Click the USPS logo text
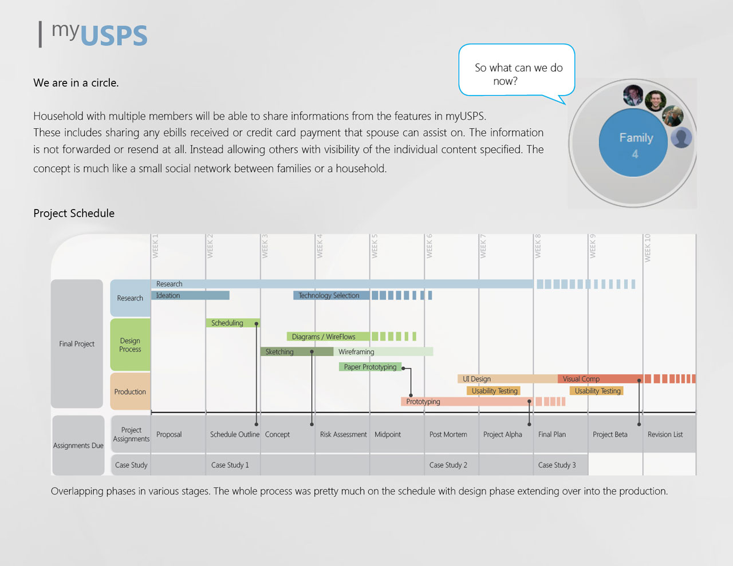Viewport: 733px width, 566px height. click(x=113, y=35)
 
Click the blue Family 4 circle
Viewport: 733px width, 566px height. click(x=633, y=143)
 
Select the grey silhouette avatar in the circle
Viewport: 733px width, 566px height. click(x=681, y=137)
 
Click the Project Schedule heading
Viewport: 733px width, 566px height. click(x=74, y=213)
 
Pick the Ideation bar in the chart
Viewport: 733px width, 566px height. click(x=190, y=295)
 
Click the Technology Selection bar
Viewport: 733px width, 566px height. click(x=331, y=295)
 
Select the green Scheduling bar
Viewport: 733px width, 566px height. click(x=232, y=323)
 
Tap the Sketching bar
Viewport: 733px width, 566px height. click(x=296, y=351)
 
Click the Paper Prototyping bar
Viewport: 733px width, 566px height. click(x=370, y=367)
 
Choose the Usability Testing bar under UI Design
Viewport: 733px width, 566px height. click(x=494, y=391)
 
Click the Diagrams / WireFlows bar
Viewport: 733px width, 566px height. click(x=328, y=337)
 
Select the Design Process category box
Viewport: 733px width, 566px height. click(x=130, y=345)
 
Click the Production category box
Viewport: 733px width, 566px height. click(x=130, y=392)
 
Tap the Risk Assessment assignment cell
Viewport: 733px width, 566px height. click(x=343, y=434)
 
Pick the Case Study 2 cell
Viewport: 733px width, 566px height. click(x=448, y=465)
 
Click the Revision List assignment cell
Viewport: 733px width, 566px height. click(x=665, y=434)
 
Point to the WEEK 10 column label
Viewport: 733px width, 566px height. click(x=647, y=248)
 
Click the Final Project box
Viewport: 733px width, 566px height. click(x=77, y=344)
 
